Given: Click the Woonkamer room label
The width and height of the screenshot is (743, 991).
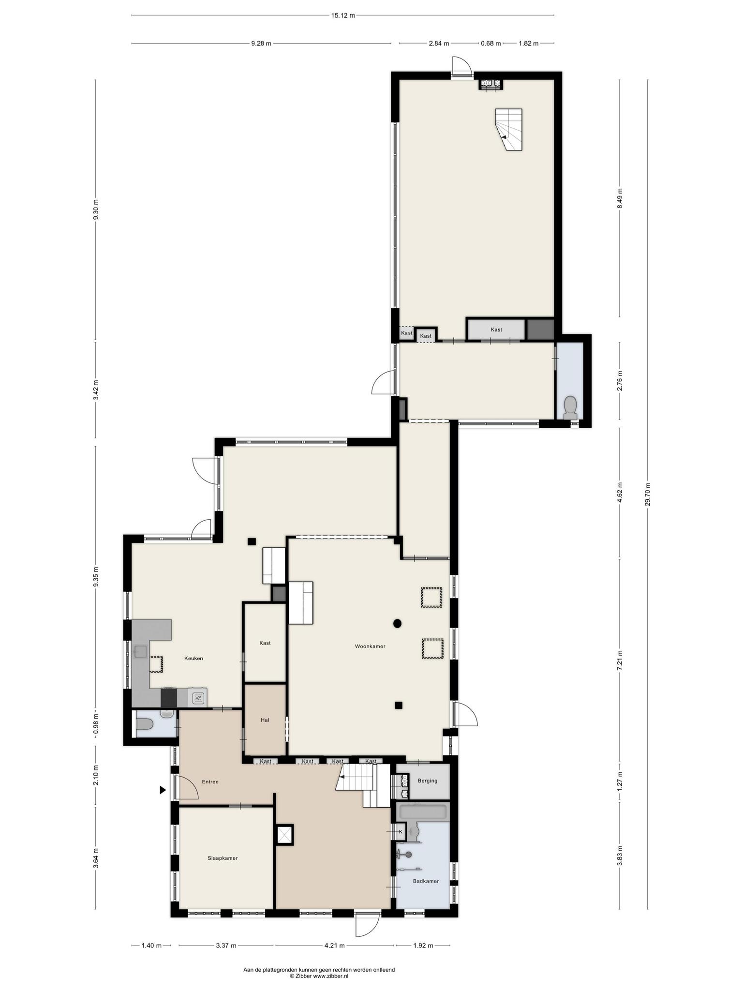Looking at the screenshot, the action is [x=370, y=646].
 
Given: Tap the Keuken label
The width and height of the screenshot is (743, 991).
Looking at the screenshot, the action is [x=193, y=658].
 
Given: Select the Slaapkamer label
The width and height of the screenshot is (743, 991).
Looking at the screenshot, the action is [x=223, y=858].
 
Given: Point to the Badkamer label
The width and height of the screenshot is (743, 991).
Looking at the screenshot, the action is [x=426, y=881].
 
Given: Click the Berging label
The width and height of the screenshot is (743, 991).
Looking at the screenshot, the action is [x=428, y=781].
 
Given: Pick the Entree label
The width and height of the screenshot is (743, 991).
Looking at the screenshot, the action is [x=210, y=781].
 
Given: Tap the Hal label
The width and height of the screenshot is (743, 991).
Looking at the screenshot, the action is [x=265, y=720].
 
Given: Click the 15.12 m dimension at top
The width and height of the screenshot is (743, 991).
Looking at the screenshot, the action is [x=343, y=15].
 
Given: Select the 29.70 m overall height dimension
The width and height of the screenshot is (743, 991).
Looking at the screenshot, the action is [x=648, y=495].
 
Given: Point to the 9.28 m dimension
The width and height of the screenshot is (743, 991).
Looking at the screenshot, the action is [x=261, y=43].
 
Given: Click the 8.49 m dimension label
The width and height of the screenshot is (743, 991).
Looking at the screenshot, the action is [x=620, y=198].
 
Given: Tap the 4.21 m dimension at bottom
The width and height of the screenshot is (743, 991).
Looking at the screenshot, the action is [x=334, y=946].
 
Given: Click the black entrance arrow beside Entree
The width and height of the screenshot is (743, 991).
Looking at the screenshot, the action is [x=163, y=790].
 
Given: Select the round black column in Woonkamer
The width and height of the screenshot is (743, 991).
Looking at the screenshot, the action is [x=397, y=623].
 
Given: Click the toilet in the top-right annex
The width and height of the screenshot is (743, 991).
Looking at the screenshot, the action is [x=571, y=407].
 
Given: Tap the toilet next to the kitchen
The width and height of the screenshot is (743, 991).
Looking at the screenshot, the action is [x=145, y=724].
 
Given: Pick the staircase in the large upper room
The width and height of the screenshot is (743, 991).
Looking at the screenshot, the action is [x=509, y=129].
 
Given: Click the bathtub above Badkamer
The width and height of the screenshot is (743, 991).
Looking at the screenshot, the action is [x=423, y=811].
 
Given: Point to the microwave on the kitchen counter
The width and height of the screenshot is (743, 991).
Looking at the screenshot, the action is [x=198, y=698].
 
